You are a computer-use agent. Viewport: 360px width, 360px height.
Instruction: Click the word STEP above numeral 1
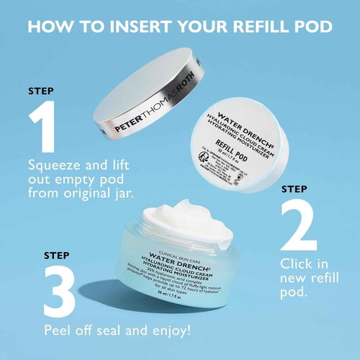[x=41, y=91]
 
